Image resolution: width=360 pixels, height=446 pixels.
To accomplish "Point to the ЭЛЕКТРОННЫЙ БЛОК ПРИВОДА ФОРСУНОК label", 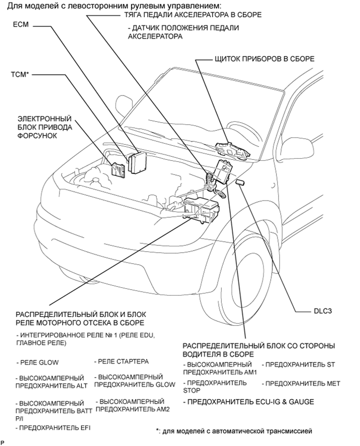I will click(44, 127).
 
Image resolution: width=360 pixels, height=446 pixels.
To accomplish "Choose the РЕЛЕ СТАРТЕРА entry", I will click(122, 361).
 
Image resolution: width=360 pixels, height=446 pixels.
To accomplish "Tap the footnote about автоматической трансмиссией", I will click(234, 431).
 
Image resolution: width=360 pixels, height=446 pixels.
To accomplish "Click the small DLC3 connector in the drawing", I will click(242, 182).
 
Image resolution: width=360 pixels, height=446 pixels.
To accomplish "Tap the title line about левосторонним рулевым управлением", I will click(104, 5).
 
